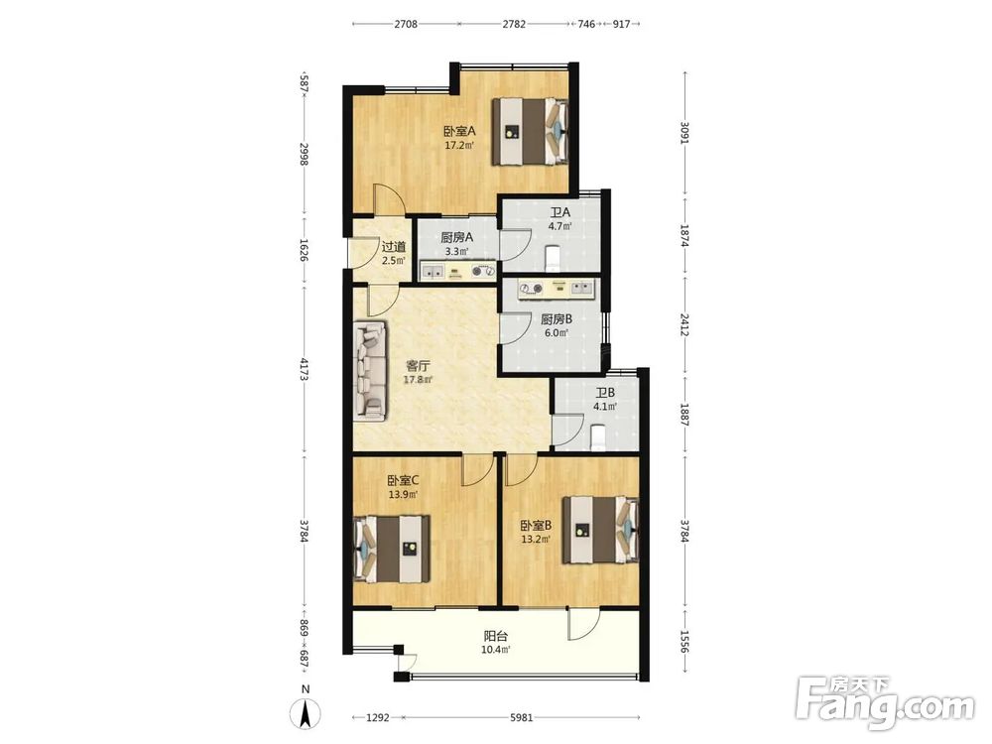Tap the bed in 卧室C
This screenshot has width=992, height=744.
coord(392,548)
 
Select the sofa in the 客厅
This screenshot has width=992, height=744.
coord(369,370)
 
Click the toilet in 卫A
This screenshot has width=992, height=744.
coord(553,259)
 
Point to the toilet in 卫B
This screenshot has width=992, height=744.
coord(597,437)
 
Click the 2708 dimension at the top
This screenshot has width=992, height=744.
coord(406,24)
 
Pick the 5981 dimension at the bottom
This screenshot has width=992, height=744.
coord(522,717)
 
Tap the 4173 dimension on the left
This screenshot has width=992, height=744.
coord(305,369)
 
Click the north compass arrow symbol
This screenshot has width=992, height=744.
coord(305,715)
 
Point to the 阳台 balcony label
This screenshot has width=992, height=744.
coord(495,637)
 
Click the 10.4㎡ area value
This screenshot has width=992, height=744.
coord(496,650)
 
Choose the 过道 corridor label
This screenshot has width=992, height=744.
coord(394,247)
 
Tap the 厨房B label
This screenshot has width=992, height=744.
coord(557,320)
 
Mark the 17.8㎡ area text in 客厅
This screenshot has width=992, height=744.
coord(419,380)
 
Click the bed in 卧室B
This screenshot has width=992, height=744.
coord(600,530)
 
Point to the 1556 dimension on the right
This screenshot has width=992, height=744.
coord(683,642)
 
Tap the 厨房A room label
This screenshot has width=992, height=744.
coord(456,238)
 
